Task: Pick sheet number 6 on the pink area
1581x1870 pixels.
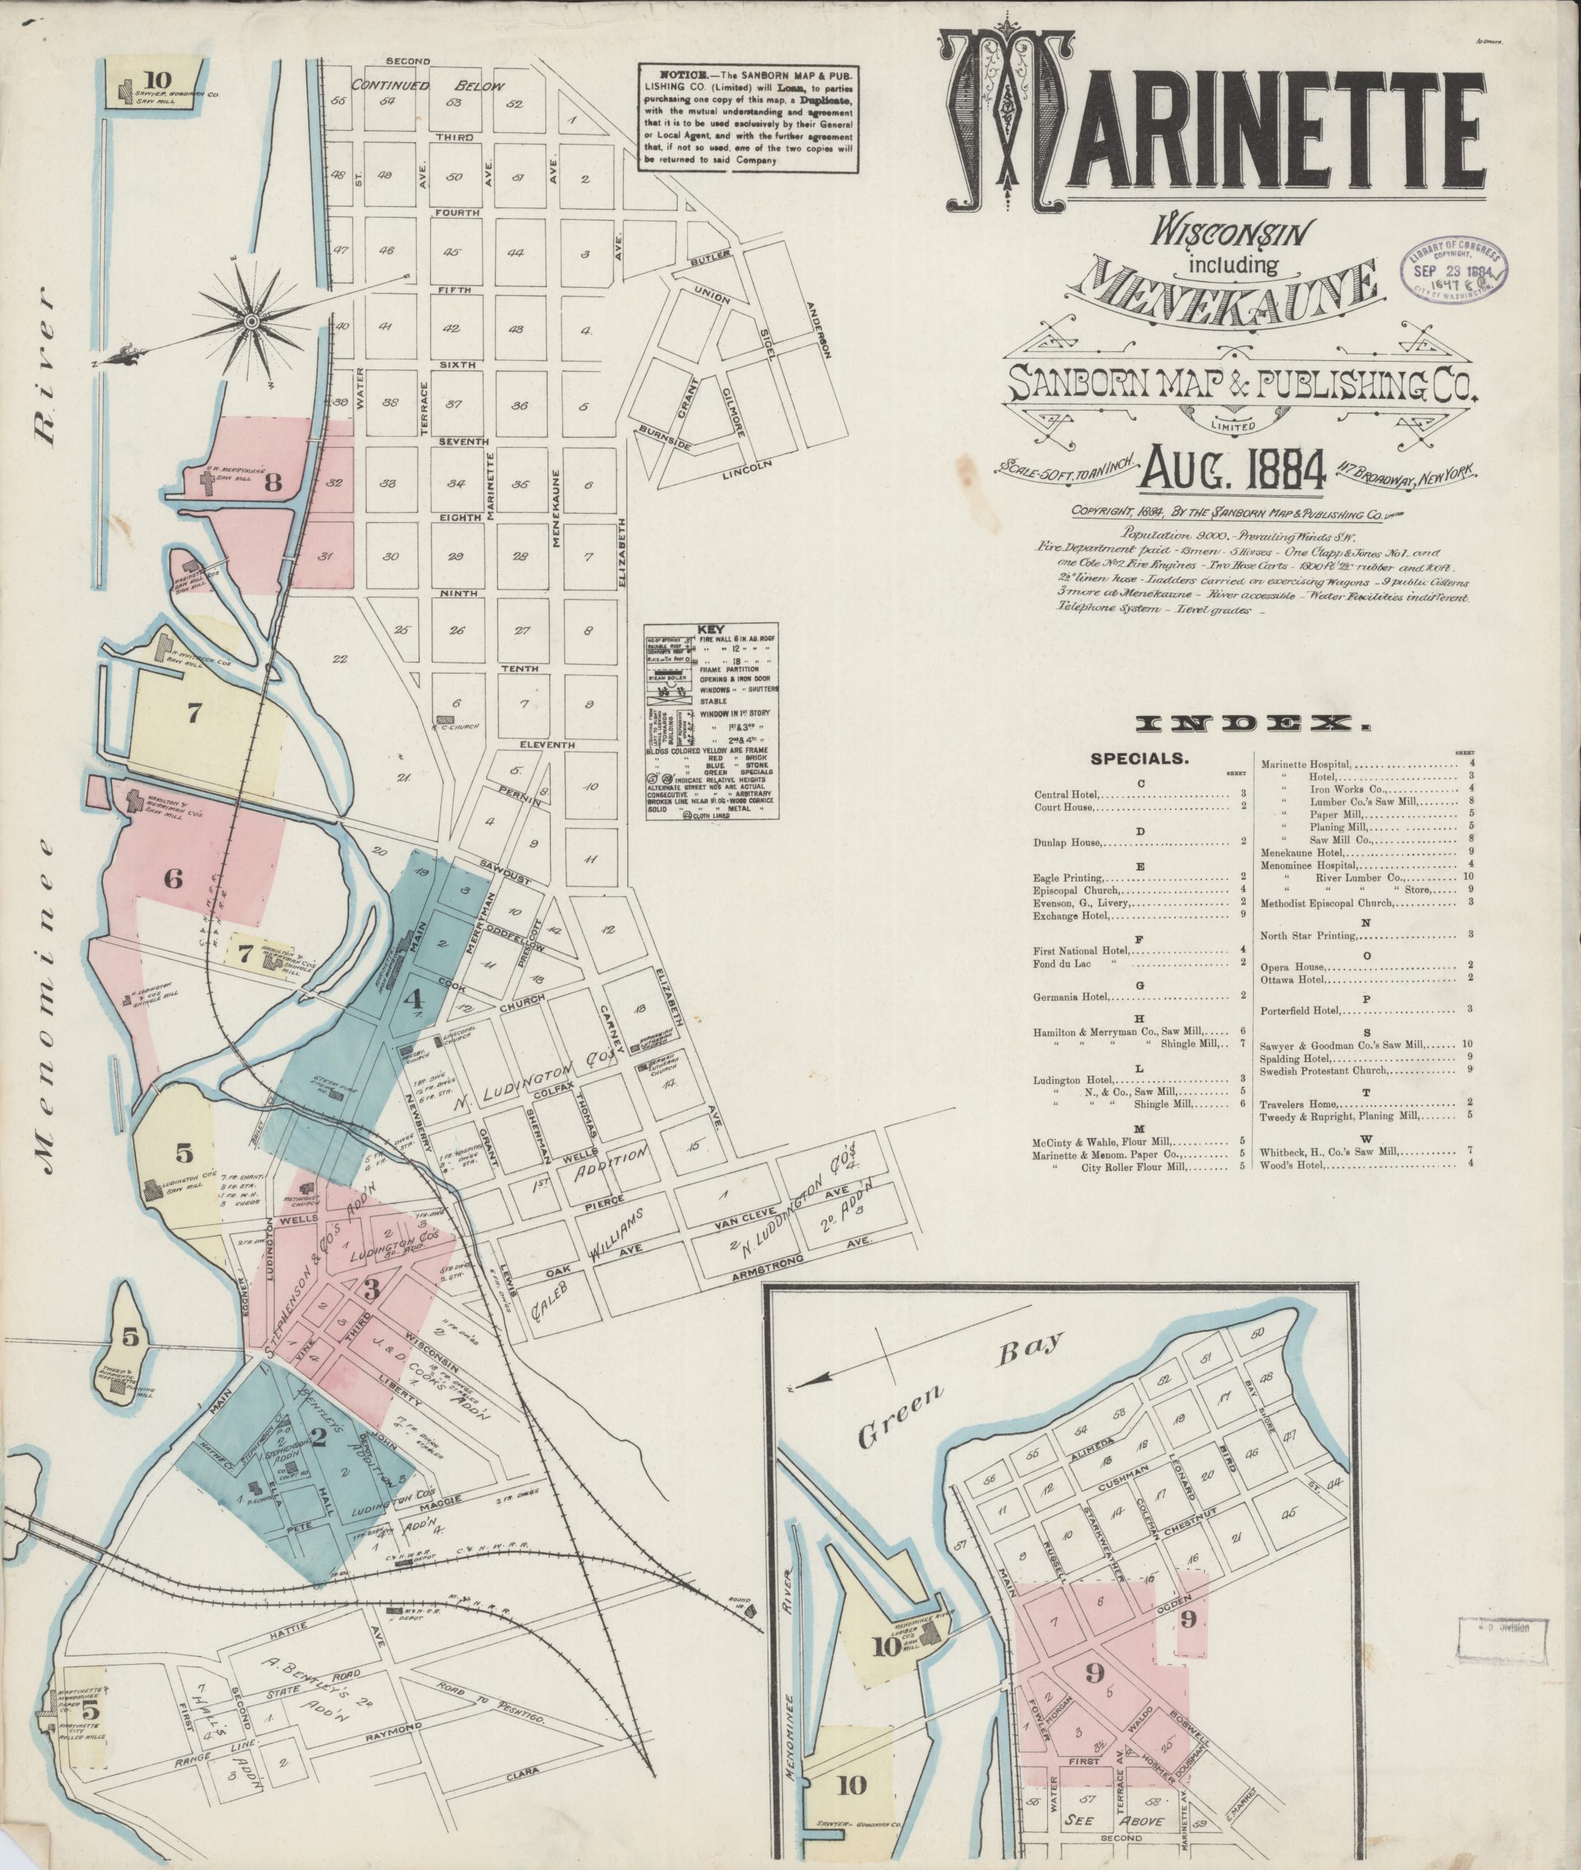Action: (172, 879)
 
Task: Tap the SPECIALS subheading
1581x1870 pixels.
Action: (1139, 758)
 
